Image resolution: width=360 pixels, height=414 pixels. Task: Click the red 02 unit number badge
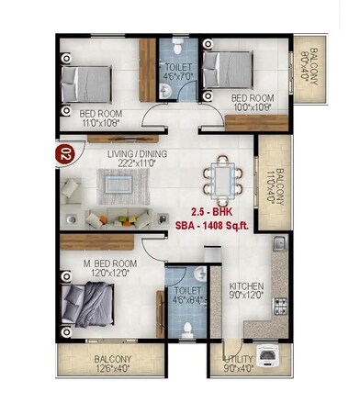click(64, 153)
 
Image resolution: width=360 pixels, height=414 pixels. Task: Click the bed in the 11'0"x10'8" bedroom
click(86, 83)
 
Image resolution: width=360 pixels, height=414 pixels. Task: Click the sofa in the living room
click(118, 218)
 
